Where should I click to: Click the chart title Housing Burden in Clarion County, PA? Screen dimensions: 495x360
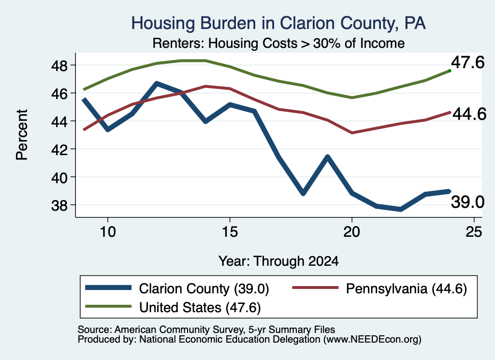(x=278, y=24)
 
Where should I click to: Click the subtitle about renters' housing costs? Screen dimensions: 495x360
(x=278, y=43)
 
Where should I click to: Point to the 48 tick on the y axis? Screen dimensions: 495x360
(x=59, y=65)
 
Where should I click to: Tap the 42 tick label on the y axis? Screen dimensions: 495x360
(x=59, y=149)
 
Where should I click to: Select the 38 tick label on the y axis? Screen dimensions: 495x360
(x=59, y=205)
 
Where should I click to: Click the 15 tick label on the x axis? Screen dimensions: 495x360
(x=230, y=232)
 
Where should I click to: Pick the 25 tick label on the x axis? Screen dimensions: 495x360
(x=474, y=232)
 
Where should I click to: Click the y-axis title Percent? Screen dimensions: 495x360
(x=22, y=135)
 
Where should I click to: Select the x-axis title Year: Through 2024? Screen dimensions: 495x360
(x=278, y=261)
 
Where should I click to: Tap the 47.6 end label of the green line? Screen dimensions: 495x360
(x=467, y=62)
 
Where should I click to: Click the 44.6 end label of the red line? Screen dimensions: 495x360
(x=469, y=114)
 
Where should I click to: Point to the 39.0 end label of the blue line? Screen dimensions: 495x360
(x=467, y=202)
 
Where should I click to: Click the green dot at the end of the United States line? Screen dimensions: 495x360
(x=450, y=71)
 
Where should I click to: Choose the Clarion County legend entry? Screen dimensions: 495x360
(x=177, y=288)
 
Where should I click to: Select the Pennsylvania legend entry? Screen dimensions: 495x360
(x=380, y=288)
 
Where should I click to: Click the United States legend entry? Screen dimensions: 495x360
(x=173, y=307)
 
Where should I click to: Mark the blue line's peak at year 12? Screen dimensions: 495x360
(x=157, y=83)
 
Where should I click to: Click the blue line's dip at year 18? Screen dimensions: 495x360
(x=303, y=193)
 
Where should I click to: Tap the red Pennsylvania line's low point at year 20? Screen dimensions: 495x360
(x=352, y=133)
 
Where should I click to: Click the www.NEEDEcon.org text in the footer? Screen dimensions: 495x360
(x=372, y=340)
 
